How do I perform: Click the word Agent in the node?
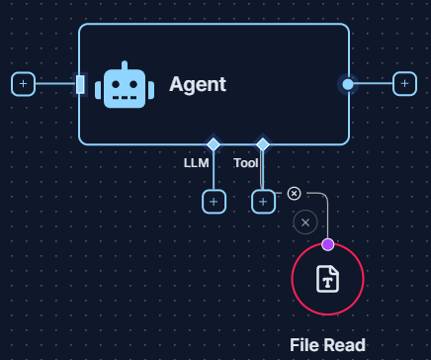click(198, 84)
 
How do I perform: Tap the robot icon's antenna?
click(125, 63)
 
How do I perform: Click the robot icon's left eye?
click(117, 84)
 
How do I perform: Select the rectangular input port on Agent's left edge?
click(80, 84)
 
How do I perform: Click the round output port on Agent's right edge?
click(347, 84)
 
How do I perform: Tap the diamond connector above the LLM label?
click(214, 144)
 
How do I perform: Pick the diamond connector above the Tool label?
click(262, 144)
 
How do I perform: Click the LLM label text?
click(197, 162)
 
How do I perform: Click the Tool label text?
click(246, 162)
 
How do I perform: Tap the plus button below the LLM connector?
click(214, 202)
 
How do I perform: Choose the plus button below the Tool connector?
click(263, 202)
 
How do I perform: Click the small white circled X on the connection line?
click(294, 193)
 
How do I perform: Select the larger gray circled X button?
click(305, 222)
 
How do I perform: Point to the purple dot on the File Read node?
click(327, 244)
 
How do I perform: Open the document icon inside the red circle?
click(327, 279)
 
